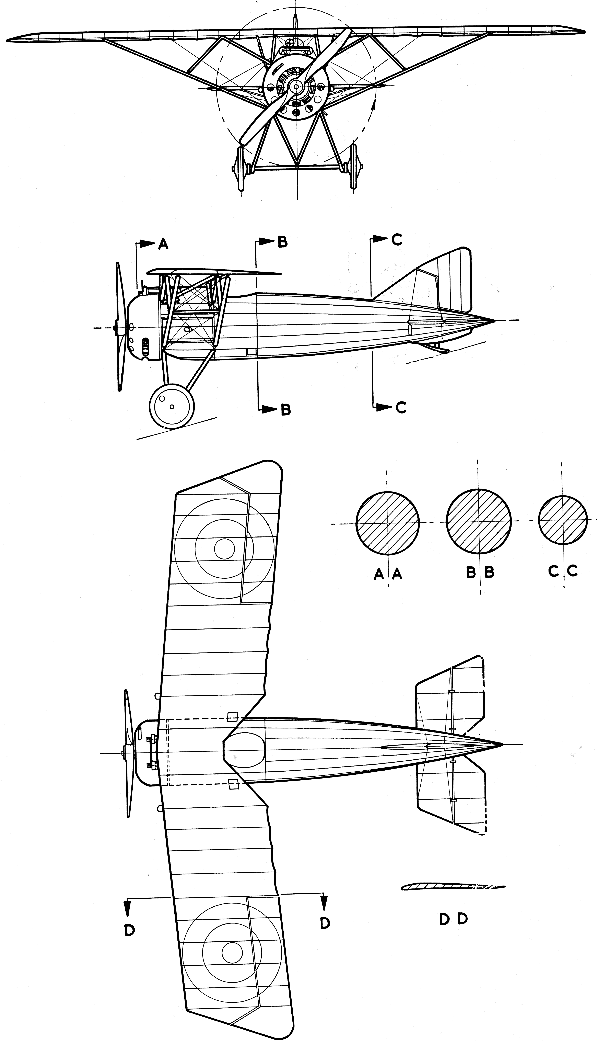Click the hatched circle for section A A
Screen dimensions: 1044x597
coord(387,523)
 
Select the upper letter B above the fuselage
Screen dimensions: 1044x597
coord(282,242)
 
